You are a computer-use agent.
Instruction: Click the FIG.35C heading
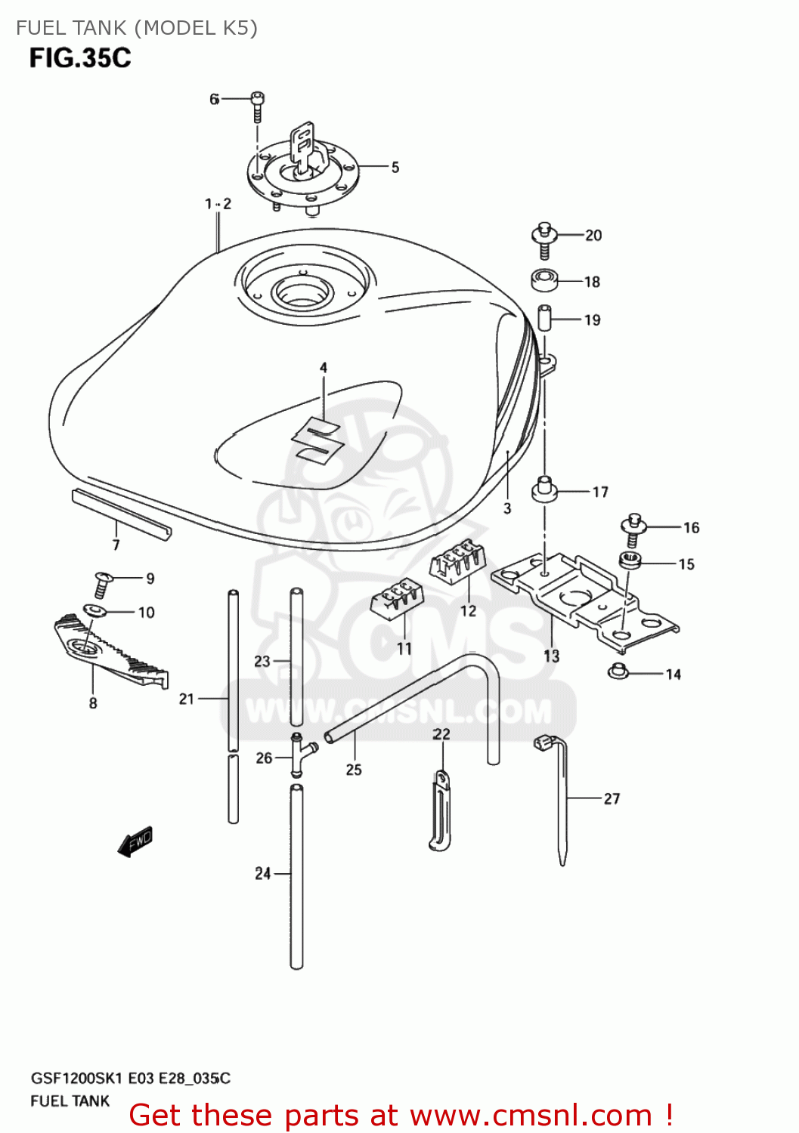(x=80, y=58)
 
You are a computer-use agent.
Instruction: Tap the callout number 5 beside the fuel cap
(x=395, y=168)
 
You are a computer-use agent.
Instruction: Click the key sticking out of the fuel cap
(x=303, y=146)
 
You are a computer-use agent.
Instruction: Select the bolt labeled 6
(x=258, y=106)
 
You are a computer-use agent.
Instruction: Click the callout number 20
(x=593, y=236)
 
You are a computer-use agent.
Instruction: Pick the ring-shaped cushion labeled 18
(x=544, y=281)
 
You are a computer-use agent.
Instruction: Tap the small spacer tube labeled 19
(x=544, y=317)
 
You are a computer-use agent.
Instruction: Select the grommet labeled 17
(x=544, y=489)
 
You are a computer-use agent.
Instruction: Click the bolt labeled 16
(x=633, y=529)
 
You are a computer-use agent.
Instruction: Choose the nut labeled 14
(x=618, y=670)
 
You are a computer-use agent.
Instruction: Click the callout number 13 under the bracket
(x=552, y=656)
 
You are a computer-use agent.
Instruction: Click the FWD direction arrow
(x=136, y=841)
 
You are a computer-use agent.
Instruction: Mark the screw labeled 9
(x=103, y=583)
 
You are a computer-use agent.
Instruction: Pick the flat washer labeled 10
(x=94, y=610)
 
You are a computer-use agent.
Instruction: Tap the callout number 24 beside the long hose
(x=262, y=874)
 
